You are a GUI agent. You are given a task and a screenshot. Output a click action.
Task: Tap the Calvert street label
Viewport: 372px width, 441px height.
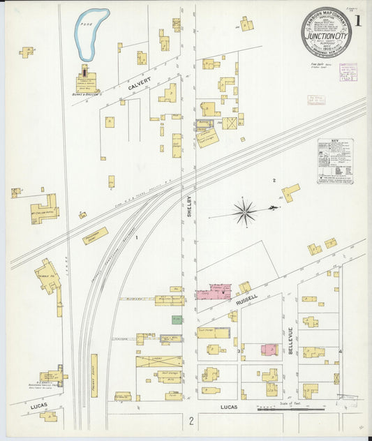139,86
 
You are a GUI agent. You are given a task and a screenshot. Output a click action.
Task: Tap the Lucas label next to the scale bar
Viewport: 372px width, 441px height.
230,407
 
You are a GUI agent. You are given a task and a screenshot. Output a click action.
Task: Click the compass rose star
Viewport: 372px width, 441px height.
244,211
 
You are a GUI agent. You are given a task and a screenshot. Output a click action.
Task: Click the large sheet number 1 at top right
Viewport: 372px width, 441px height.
357,21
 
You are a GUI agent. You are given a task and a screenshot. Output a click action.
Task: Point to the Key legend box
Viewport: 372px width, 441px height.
335,161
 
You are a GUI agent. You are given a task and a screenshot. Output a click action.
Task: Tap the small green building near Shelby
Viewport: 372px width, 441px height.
177,319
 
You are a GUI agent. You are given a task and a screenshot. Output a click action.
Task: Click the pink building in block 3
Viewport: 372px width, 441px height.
269,349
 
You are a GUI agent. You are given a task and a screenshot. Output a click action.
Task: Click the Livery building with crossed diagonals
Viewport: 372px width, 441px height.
159,361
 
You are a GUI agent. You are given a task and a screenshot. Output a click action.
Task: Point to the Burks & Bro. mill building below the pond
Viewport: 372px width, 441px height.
87,80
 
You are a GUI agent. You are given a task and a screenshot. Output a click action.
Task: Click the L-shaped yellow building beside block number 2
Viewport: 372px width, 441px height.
290,192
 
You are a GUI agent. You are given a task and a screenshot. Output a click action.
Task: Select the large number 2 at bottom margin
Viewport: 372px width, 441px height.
190,421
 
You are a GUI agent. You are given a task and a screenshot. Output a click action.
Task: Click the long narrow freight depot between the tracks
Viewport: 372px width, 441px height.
94,375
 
